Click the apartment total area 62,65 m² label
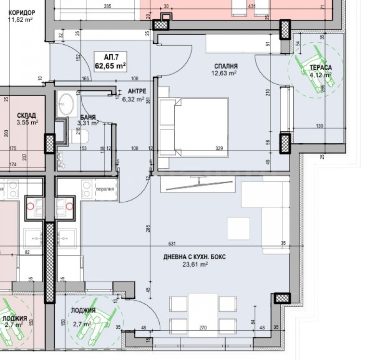tap(111, 66)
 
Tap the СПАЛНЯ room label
tap(226, 66)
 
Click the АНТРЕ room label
tap(137, 91)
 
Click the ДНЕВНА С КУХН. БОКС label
tap(194, 257)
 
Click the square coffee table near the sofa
tap(239, 228)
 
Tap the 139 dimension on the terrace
tap(320, 125)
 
